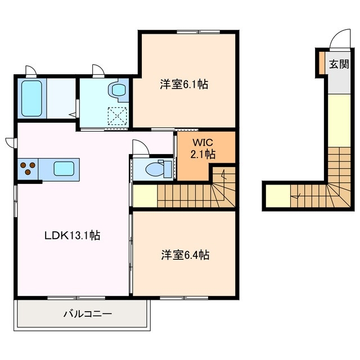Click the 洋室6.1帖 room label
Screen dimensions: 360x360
[x=184, y=84]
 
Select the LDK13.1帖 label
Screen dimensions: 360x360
[x=71, y=236]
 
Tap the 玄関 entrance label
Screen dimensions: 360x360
[x=338, y=64]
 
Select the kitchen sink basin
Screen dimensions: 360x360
[x=66, y=168]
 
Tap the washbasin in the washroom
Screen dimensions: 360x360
[x=118, y=89]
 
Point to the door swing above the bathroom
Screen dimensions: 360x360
[x=31, y=71]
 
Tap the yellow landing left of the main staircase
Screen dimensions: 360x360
[x=145, y=196]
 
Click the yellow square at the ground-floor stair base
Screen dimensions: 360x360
[x=277, y=196]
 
